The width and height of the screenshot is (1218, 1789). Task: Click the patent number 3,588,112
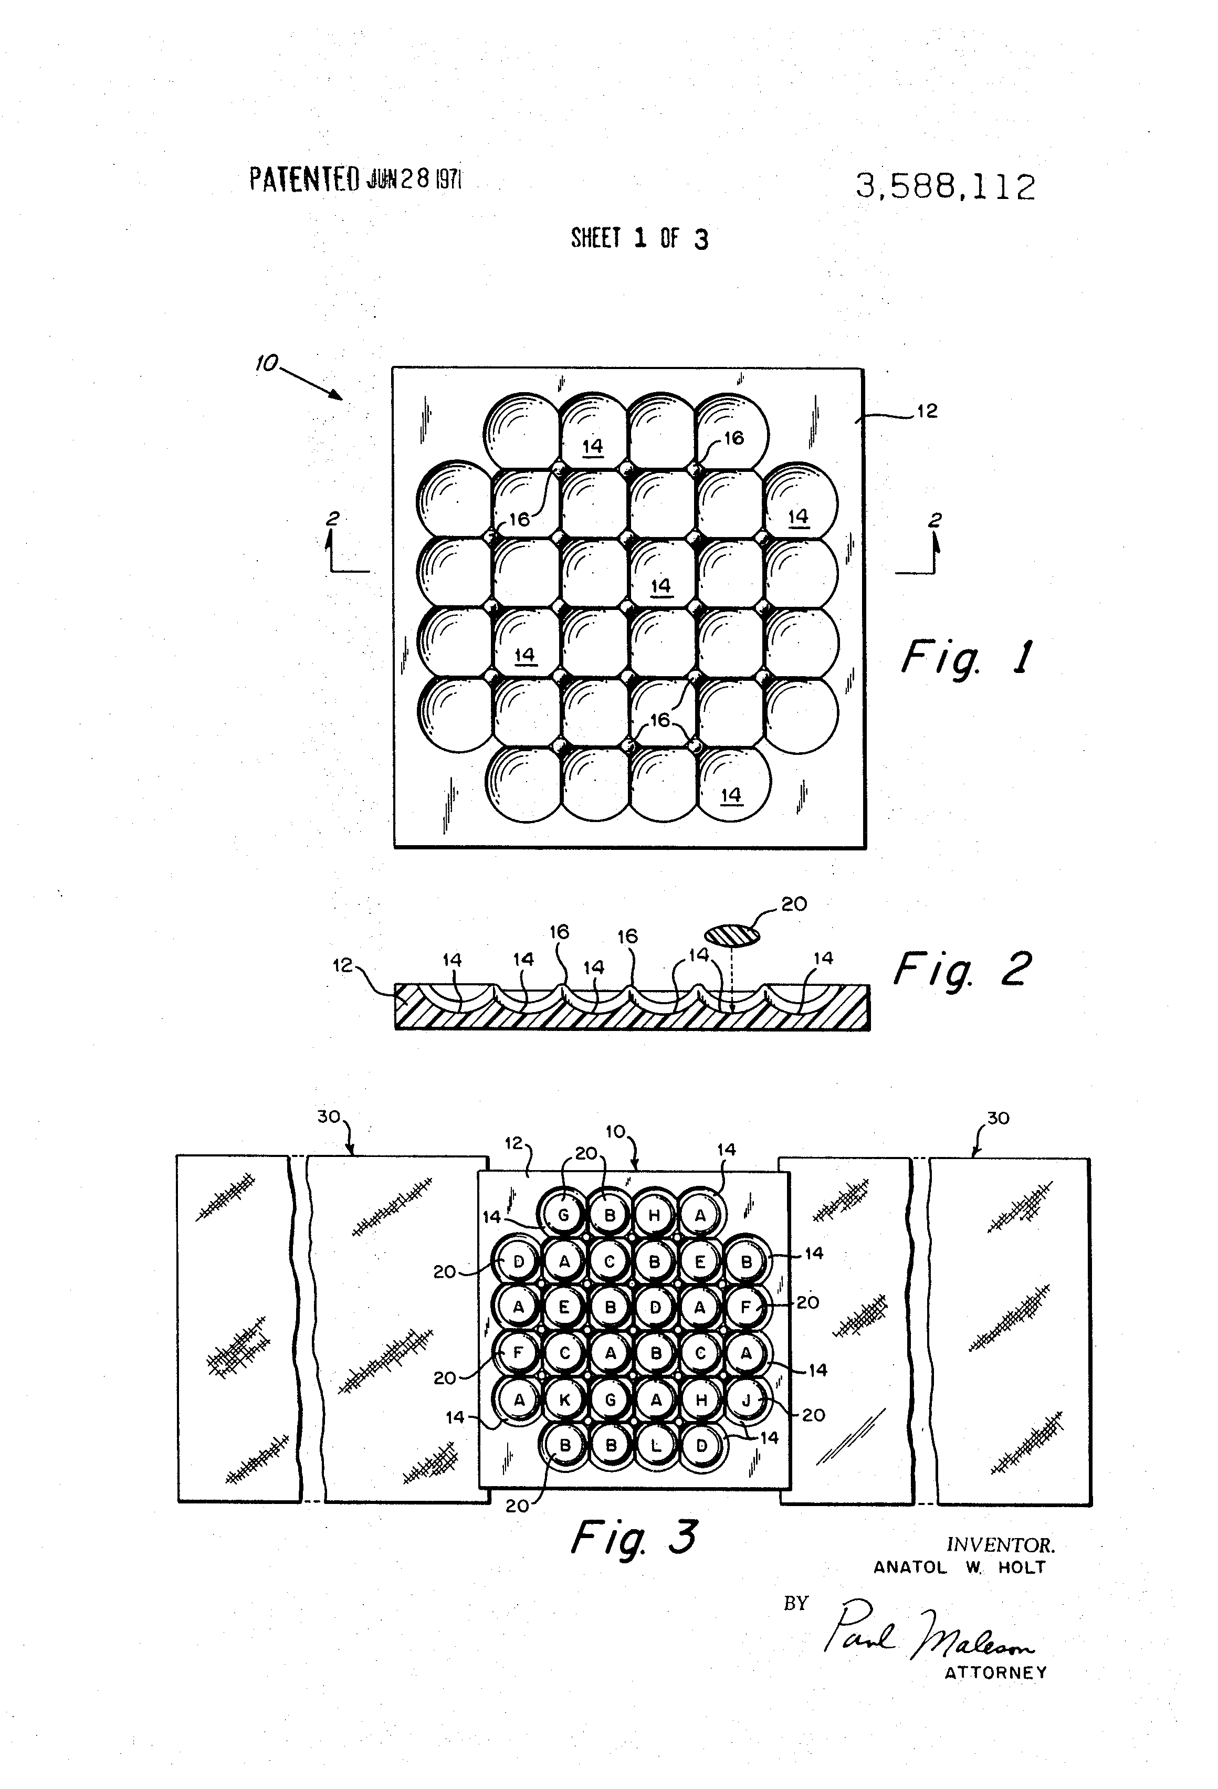tap(946, 187)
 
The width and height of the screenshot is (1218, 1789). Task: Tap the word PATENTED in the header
tap(304, 180)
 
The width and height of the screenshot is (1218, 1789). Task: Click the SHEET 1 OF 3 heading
tap(639, 239)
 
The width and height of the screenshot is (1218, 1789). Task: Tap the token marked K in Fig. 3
tap(564, 1400)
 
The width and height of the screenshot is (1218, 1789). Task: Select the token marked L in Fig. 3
tap(656, 1445)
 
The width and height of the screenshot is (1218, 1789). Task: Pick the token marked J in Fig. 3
tap(745, 1400)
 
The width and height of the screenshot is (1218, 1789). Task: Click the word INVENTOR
tap(1000, 1545)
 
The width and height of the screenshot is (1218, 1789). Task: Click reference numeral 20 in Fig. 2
tap(794, 904)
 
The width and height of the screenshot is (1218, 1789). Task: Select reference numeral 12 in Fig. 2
tap(343, 964)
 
